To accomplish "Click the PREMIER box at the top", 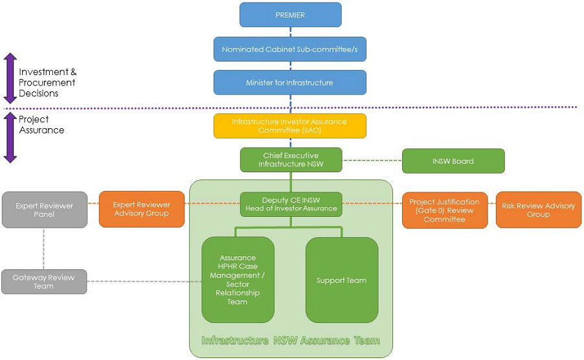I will tap(290, 15).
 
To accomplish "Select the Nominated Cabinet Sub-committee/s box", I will tap(290, 49).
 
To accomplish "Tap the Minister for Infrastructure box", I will tap(290, 83).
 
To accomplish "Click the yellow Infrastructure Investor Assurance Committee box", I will tap(290, 126).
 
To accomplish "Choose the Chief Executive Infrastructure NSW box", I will tap(291, 160).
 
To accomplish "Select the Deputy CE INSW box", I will tap(291, 204).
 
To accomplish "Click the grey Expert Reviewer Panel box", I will tap(45, 210).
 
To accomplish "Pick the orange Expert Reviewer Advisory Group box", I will tap(140, 209).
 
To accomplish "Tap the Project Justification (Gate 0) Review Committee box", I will tap(445, 210).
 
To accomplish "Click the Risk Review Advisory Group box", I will tap(538, 210).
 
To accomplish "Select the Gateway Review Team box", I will tap(44, 282).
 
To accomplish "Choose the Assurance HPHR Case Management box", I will tap(238, 280).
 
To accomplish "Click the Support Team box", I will tap(341, 280).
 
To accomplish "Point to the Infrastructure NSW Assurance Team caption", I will tap(291, 341).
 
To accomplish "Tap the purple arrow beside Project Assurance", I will tap(10, 137).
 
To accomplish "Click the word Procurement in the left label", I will tap(47, 83).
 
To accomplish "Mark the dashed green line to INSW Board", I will tap(372, 160).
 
